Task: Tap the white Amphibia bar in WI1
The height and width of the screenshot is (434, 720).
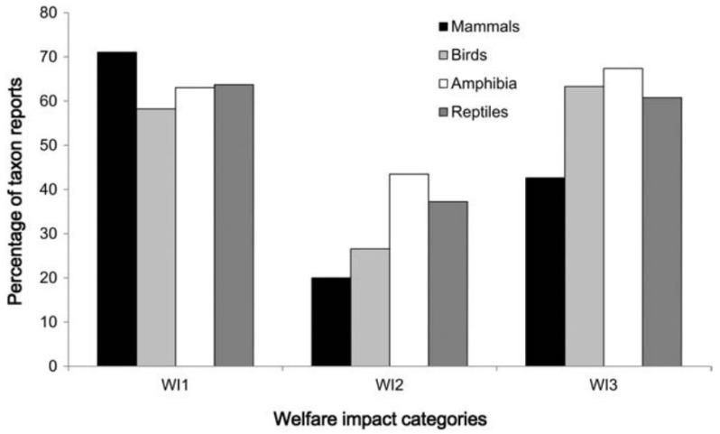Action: [195, 226]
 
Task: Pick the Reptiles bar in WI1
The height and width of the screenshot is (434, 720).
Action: [234, 225]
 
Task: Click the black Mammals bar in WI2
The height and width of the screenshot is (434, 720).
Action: [331, 321]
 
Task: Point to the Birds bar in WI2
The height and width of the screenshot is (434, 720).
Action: [370, 307]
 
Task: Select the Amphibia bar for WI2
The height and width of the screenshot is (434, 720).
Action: [409, 270]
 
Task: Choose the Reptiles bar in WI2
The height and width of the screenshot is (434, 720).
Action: [448, 283]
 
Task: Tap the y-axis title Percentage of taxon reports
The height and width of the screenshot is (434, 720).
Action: [15, 189]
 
